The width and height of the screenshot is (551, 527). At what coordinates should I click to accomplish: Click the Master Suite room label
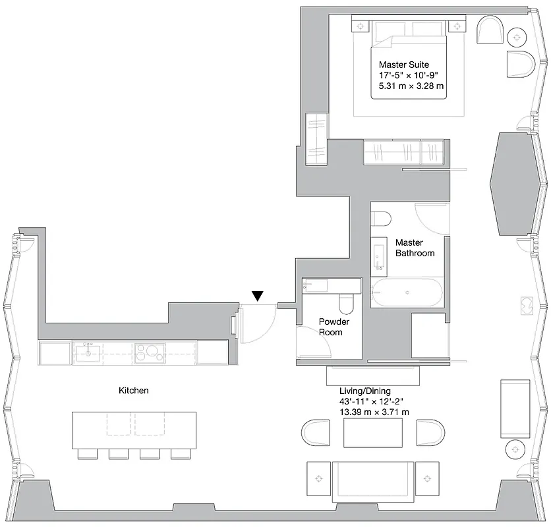404,65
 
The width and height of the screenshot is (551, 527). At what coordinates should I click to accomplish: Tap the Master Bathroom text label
415,248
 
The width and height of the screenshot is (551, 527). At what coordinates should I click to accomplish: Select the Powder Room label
334,327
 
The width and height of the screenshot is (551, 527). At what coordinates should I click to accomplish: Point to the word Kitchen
134,391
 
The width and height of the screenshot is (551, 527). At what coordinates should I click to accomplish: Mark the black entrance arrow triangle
258,297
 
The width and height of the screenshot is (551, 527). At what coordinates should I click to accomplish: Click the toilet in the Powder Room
345,304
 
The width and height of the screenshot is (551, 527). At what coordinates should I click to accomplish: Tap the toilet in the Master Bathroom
382,219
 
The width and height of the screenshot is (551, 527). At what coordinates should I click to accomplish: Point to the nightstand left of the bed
361,26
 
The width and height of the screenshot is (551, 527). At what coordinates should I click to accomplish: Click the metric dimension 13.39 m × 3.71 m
374,412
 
